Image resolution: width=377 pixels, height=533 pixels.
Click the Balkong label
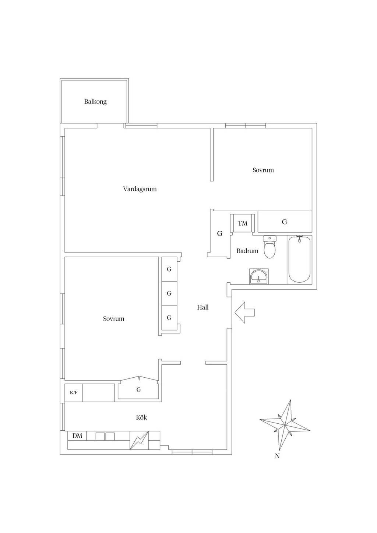(x=95, y=102)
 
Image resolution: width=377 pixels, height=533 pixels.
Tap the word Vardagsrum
(x=140, y=189)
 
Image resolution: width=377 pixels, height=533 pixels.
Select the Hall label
(x=203, y=307)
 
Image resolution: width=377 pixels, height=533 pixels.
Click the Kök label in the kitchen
(x=141, y=417)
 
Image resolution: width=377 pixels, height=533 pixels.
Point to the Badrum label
(x=247, y=251)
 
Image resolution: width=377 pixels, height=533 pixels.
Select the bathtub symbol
(x=299, y=260)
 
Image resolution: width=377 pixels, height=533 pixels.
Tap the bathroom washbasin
(x=259, y=276)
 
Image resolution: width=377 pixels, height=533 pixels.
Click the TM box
(x=243, y=223)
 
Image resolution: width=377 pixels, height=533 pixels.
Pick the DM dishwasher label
(x=77, y=436)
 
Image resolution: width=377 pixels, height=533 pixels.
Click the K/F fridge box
(x=74, y=393)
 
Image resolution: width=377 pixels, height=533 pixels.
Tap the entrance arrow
(x=245, y=313)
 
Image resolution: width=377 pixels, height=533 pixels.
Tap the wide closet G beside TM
(x=285, y=222)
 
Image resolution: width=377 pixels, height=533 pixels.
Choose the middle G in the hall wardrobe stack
(x=169, y=293)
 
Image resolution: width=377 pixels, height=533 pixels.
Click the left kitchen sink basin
(x=100, y=436)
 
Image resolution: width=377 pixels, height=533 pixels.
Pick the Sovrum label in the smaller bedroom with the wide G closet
(x=263, y=170)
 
